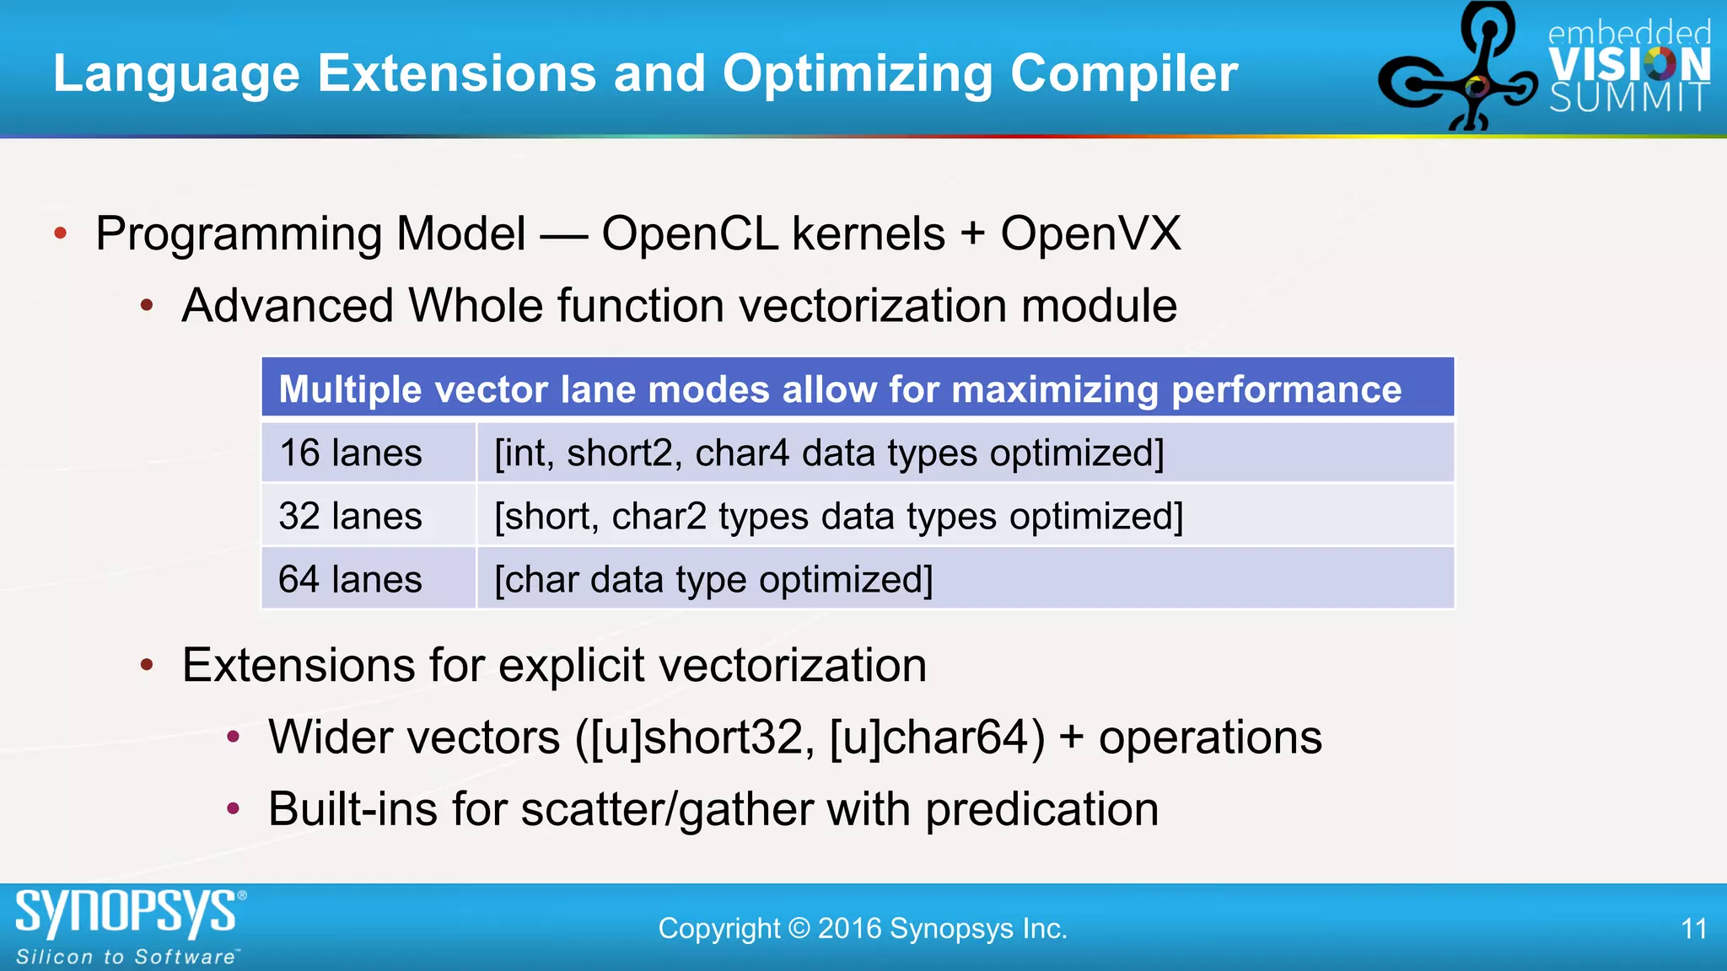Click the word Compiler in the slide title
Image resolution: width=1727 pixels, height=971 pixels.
1123,74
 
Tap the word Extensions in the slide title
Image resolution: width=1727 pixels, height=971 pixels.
456,74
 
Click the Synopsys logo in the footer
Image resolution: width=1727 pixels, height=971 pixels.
126,912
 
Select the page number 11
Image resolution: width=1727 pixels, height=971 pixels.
1693,929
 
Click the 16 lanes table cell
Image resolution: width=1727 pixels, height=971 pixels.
351,453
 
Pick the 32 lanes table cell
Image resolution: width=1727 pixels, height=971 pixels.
351,516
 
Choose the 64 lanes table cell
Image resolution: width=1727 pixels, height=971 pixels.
351,579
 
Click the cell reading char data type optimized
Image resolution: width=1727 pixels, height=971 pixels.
713,579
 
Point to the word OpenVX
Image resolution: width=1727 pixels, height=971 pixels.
1090,233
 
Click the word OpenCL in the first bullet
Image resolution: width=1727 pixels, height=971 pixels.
690,233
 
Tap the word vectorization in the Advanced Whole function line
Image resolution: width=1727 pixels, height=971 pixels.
873,305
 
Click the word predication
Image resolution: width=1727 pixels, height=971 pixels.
1041,809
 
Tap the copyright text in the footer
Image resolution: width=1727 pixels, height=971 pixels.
863,929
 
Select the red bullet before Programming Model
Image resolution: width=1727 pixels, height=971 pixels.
61,233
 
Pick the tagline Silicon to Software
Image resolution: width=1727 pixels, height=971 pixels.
126,957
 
